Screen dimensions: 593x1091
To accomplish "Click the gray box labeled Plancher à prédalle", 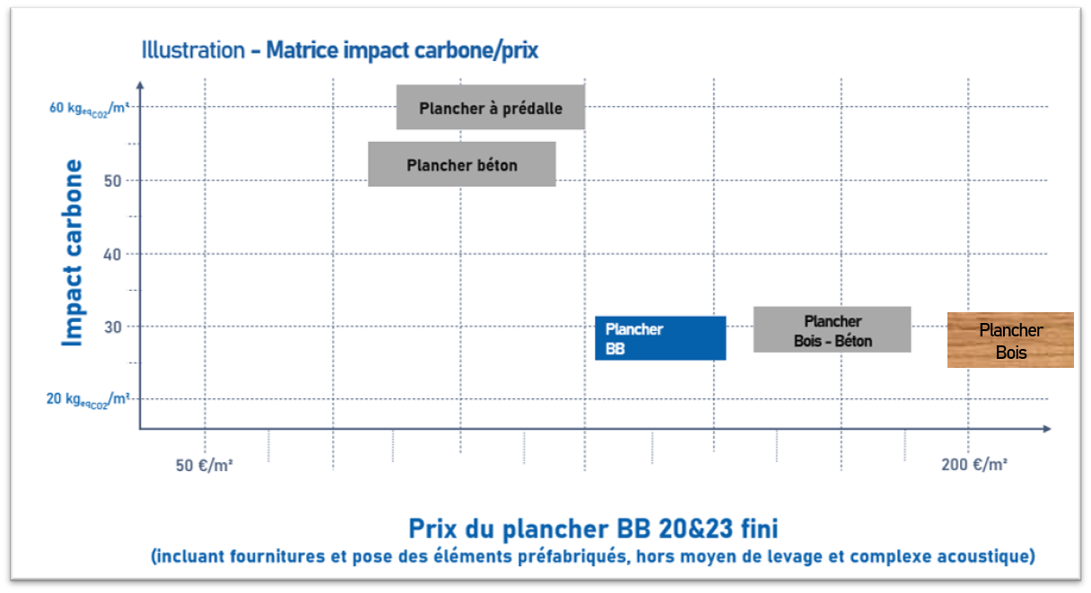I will (x=490, y=108).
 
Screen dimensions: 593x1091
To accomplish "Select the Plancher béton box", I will (x=461, y=164).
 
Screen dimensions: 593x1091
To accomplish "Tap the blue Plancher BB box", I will (x=659, y=338).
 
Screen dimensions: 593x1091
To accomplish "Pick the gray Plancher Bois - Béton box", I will (x=832, y=330).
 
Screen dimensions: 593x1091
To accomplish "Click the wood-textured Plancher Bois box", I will (x=1010, y=340).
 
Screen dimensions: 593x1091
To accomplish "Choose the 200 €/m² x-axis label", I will (x=973, y=465).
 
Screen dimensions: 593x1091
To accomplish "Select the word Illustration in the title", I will (x=193, y=50).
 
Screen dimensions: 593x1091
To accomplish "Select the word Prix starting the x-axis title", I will (x=435, y=527).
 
